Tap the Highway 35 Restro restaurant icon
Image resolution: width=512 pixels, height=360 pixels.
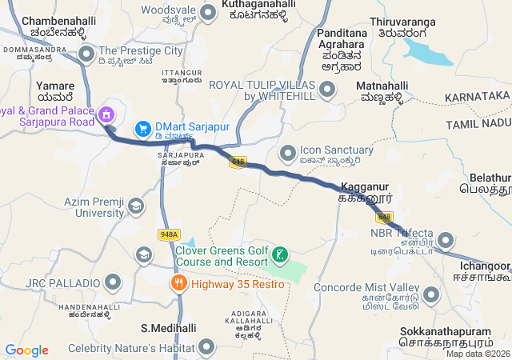tap(178, 282)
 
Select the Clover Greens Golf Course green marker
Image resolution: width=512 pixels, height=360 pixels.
tap(280, 256)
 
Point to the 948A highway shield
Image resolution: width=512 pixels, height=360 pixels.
tap(168, 234)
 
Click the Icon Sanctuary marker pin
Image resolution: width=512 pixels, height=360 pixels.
tap(288, 151)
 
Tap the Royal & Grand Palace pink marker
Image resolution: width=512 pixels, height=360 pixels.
tap(105, 117)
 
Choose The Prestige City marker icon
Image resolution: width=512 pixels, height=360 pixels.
tap(86, 54)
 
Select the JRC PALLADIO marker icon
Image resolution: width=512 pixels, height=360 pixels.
tap(113, 282)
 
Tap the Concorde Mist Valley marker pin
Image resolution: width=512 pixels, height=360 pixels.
tap(432, 294)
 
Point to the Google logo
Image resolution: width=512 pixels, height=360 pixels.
tap(26, 350)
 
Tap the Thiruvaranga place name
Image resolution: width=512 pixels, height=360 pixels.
tap(400, 24)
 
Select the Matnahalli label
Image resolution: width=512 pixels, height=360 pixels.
tap(382, 83)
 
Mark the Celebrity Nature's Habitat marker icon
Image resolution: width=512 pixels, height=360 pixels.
tap(207, 346)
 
